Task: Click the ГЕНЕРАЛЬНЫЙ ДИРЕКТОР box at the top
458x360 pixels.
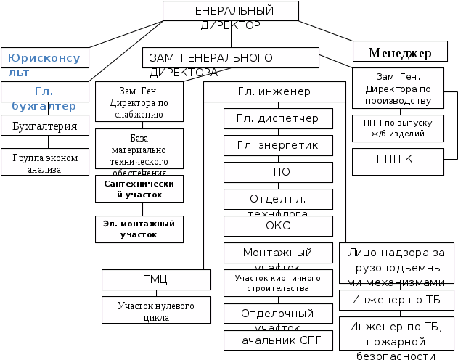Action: (230, 11)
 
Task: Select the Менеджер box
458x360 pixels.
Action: (399, 52)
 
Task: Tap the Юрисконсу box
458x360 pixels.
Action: (45, 57)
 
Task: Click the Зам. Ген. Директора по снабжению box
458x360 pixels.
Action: (139, 102)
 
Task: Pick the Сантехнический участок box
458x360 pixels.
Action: (139, 190)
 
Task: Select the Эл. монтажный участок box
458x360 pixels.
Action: (139, 229)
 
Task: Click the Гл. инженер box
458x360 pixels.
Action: (274, 92)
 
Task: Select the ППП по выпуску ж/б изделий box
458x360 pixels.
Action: (398, 128)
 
